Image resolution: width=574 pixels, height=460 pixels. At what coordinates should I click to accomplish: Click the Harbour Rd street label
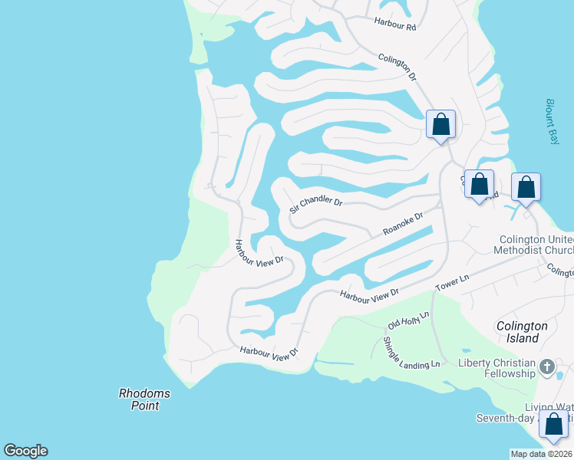[394, 26]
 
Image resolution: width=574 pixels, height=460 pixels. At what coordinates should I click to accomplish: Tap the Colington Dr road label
[397, 67]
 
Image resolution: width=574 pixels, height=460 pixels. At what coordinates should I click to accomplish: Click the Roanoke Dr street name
[403, 225]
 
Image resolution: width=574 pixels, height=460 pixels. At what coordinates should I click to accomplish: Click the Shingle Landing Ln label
[411, 352]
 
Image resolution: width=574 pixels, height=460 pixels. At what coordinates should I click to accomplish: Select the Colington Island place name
[522, 331]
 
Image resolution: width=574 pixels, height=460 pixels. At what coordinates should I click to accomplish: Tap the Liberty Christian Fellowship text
[496, 368]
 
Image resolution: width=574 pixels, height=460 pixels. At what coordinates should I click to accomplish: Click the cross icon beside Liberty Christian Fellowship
[546, 366]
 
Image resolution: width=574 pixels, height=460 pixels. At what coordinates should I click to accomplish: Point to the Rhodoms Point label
[144, 399]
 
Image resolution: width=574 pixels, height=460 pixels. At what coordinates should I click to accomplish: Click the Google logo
[25, 451]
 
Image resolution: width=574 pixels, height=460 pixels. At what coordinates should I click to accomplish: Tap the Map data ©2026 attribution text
[541, 454]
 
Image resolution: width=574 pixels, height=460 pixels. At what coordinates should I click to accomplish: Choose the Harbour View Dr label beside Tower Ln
[370, 293]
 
